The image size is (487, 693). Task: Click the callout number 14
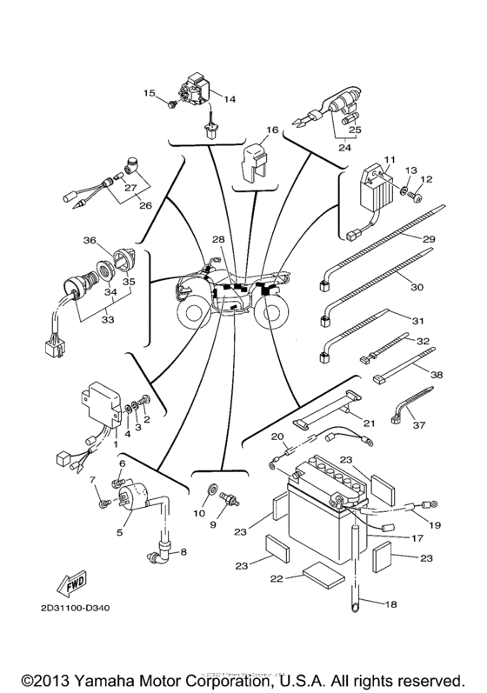coord(230,100)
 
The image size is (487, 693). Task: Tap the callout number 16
coord(272,130)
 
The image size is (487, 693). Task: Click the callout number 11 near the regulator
coord(390,160)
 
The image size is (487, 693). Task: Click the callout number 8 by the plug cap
coord(183,550)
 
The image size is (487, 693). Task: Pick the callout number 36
coord(89,241)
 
